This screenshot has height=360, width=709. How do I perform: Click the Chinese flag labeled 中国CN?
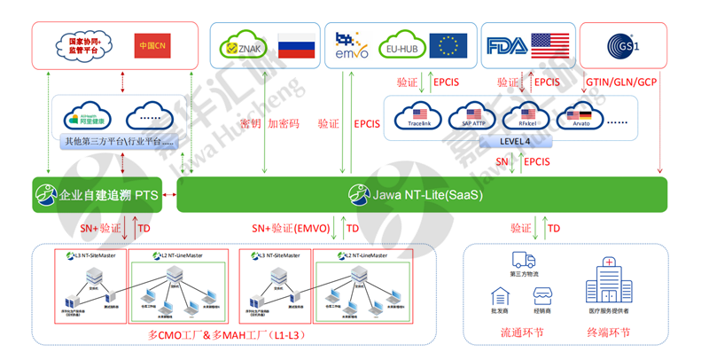click(x=153, y=46)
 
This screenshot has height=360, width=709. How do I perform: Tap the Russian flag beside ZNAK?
click(x=296, y=46)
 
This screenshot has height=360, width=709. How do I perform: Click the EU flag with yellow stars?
click(x=448, y=45)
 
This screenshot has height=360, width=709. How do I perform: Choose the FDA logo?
click(x=506, y=45)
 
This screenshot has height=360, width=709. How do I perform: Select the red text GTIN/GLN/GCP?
click(x=623, y=82)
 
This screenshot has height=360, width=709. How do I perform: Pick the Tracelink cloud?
click(x=420, y=116)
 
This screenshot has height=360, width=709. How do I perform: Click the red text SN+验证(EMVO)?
click(x=287, y=228)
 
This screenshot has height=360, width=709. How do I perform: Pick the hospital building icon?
click(x=610, y=282)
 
